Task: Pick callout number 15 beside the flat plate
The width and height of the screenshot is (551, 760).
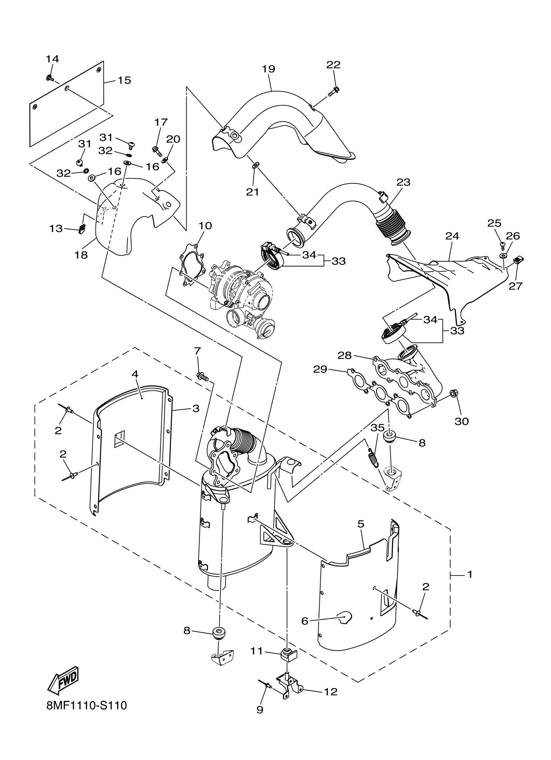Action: tap(124, 80)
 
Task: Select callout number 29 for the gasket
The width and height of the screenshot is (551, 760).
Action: tap(320, 369)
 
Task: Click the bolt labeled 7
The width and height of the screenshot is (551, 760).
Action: tap(202, 376)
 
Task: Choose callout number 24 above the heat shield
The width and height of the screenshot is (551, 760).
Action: tap(452, 236)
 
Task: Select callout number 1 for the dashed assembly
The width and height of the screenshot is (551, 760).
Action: tap(470, 574)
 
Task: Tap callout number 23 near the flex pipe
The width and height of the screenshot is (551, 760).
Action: tap(403, 182)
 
